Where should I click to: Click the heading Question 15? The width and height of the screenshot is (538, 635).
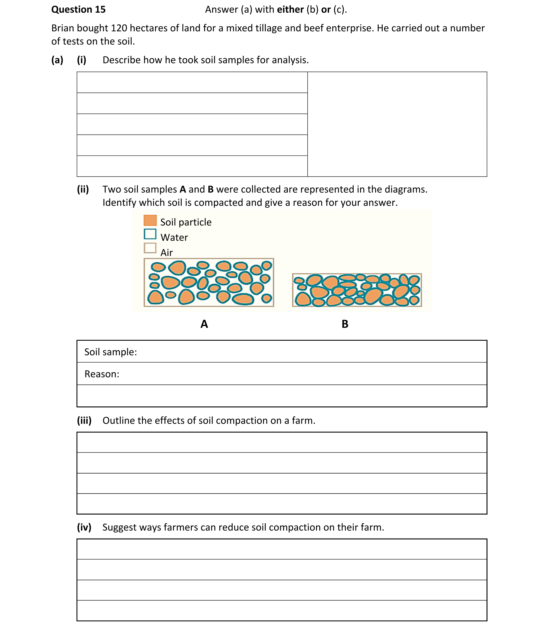pyautogui.click(x=78, y=9)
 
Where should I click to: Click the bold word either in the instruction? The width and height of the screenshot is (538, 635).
pyautogui.click(x=290, y=9)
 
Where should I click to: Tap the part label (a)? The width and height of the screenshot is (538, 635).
pyautogui.click(x=57, y=60)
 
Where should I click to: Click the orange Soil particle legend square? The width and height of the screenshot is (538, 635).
pyautogui.click(x=150, y=220)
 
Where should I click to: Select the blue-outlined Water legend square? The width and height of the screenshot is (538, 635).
pyautogui.click(x=150, y=234)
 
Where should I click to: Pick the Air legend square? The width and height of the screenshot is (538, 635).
pyautogui.click(x=150, y=248)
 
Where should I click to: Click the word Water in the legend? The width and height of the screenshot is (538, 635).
pyautogui.click(x=174, y=237)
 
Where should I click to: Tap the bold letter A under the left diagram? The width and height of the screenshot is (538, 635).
pyautogui.click(x=204, y=324)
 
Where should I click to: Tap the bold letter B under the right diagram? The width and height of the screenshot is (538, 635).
pyautogui.click(x=345, y=324)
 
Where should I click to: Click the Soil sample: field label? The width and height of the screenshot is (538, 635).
pyautogui.click(x=110, y=352)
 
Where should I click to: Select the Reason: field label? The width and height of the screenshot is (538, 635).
pyautogui.click(x=102, y=374)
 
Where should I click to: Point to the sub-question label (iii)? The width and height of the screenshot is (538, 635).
pyautogui.click(x=84, y=420)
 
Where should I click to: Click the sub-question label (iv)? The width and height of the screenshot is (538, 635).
pyautogui.click(x=84, y=527)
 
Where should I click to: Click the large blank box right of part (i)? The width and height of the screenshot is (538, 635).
pyautogui.click(x=397, y=124)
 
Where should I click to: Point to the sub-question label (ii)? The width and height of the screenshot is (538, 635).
pyautogui.click(x=83, y=189)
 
